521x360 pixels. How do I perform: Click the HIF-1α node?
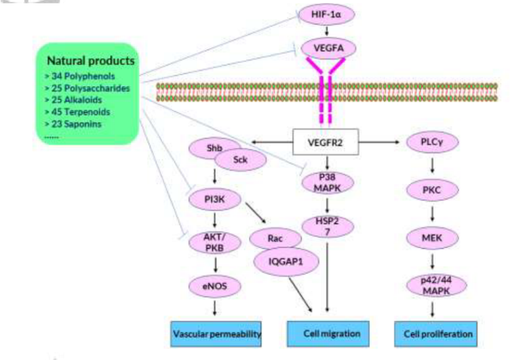(328, 14)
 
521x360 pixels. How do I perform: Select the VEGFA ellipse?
(328, 47)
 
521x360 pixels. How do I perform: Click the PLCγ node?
(432, 142)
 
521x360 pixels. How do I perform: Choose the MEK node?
(432, 238)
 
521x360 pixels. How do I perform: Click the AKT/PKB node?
(214, 243)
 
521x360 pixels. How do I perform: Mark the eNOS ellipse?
(214, 287)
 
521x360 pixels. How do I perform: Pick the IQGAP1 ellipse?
(285, 261)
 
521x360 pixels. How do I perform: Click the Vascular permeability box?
(216, 334)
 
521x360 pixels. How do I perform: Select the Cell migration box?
(328, 334)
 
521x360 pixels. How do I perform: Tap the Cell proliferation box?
(434, 334)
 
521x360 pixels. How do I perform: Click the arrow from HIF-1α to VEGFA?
(328, 31)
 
